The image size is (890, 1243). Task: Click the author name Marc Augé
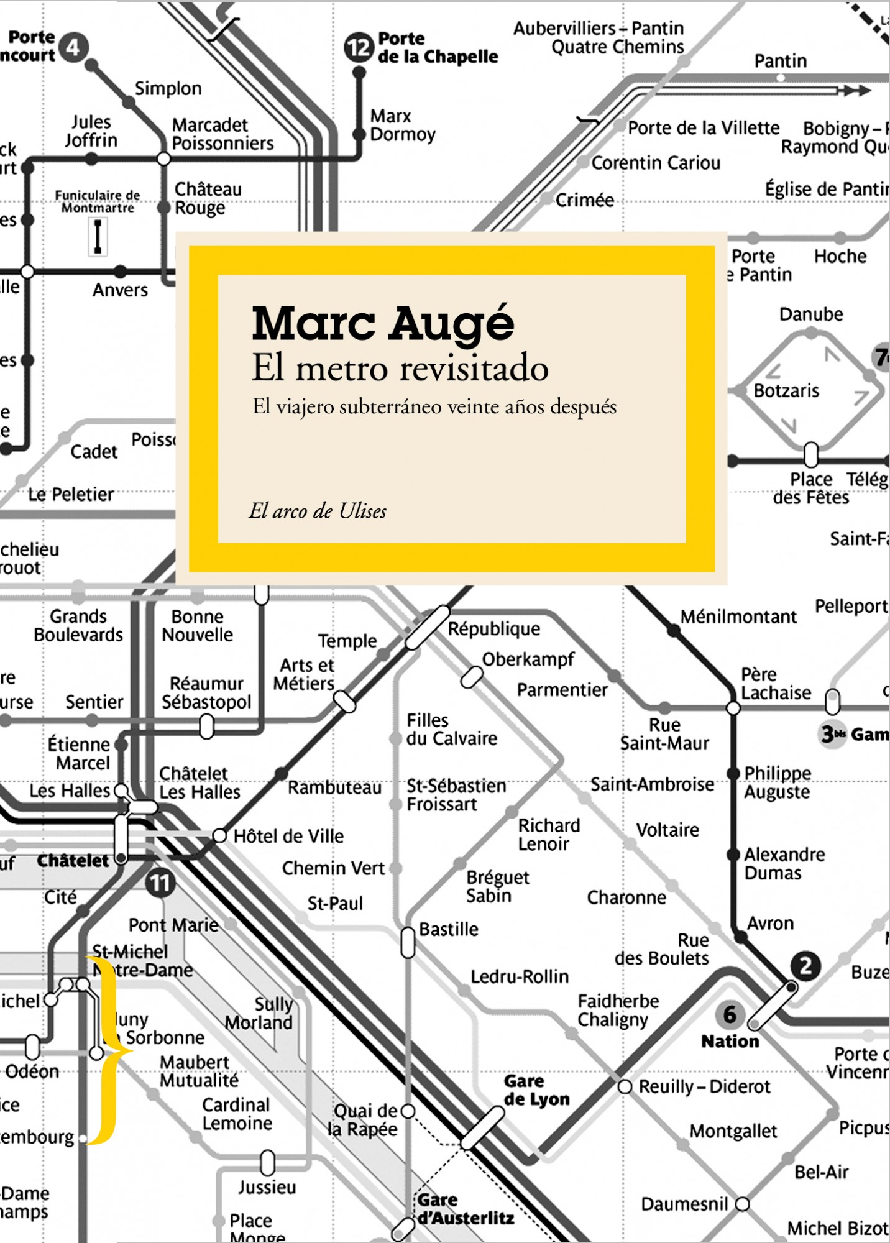click(383, 323)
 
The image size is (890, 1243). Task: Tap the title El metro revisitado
click(400, 368)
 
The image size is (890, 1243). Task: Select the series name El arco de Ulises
click(318, 511)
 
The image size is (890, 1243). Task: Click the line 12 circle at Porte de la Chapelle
click(359, 47)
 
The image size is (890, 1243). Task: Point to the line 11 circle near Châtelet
click(160, 883)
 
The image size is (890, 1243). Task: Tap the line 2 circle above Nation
click(805, 966)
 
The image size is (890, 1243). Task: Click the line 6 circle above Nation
click(730, 1014)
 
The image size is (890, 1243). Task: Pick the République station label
click(494, 629)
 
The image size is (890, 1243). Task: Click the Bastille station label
click(449, 929)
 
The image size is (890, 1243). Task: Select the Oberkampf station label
click(528, 659)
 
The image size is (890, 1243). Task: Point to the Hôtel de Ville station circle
click(219, 835)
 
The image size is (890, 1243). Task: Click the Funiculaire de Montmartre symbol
click(98, 237)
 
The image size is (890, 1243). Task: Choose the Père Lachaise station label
click(776, 684)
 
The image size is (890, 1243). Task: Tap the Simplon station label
click(168, 89)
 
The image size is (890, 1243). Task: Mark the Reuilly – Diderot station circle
click(625, 1086)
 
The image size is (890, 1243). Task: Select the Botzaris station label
click(786, 391)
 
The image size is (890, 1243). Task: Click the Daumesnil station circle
click(743, 1204)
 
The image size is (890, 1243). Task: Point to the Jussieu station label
click(267, 1187)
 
